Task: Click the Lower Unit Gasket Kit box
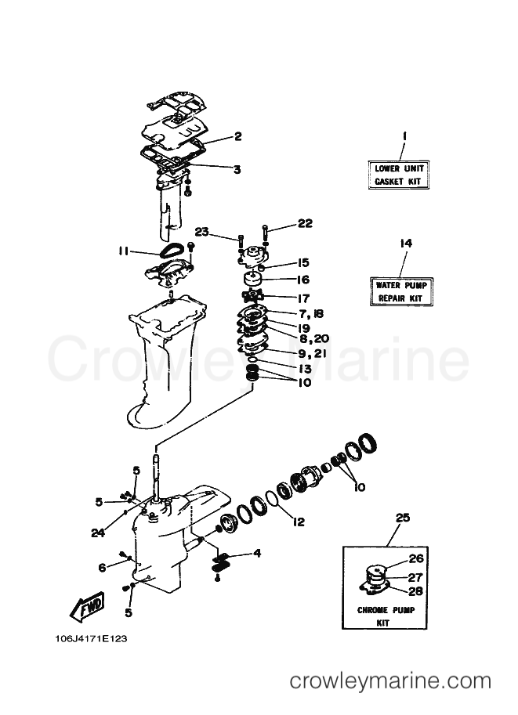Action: coord(399,175)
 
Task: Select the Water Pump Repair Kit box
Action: coord(401,291)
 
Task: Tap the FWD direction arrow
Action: coord(87,606)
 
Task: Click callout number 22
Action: coord(305,223)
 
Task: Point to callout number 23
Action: coord(201,232)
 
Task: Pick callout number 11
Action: coord(123,251)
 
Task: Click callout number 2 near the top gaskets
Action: coord(237,136)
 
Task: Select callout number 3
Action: coord(237,169)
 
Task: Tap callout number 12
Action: coord(299,522)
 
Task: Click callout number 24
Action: coord(98,533)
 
